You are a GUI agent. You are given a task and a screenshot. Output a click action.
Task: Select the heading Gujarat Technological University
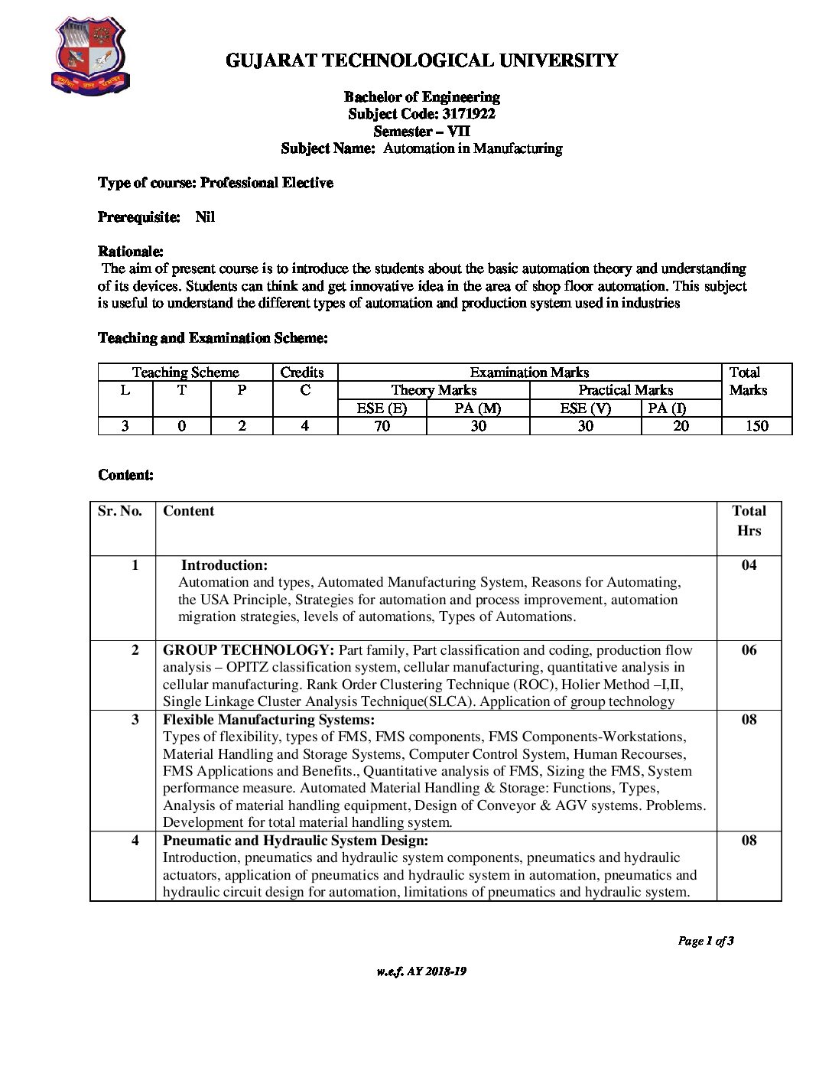click(421, 60)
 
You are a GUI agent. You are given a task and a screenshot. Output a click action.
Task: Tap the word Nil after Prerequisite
click(205, 217)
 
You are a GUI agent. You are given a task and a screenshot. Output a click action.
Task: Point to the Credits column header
click(302, 373)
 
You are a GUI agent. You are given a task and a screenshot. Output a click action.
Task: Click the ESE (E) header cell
click(382, 408)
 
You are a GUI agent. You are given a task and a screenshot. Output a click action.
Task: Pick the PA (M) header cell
click(477, 408)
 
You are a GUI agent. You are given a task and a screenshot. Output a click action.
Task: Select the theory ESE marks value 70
click(382, 426)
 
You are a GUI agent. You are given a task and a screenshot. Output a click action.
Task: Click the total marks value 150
click(756, 426)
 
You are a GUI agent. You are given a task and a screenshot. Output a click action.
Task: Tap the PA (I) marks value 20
click(681, 426)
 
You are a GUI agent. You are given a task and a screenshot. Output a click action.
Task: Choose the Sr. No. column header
click(120, 511)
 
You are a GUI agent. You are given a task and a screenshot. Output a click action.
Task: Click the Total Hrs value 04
click(749, 565)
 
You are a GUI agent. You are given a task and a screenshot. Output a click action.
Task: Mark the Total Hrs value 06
click(749, 650)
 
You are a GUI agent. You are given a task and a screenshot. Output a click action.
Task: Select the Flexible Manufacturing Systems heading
click(268, 720)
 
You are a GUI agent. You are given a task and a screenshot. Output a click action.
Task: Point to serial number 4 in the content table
click(135, 841)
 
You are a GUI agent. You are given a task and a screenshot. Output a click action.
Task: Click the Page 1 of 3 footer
click(705, 941)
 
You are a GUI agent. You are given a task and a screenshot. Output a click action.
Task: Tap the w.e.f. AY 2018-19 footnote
click(421, 971)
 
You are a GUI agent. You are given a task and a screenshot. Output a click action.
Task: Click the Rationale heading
click(131, 252)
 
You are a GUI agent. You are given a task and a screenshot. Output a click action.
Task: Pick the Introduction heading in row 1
click(224, 565)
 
